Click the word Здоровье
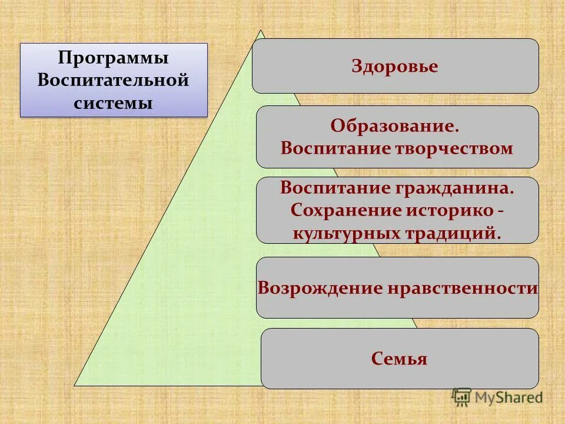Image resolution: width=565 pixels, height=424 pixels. pos(395,66)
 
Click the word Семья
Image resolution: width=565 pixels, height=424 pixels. pos(399,358)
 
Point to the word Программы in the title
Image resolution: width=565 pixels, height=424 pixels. pos(114,58)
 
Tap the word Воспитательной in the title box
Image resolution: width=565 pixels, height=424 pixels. pos(114,80)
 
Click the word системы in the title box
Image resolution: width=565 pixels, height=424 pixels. pos(114,102)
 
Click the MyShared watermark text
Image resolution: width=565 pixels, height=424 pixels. pos(508,397)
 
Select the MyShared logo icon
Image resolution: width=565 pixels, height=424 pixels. pos(461,397)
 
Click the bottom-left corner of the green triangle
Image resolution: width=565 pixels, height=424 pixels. pos(75,385)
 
